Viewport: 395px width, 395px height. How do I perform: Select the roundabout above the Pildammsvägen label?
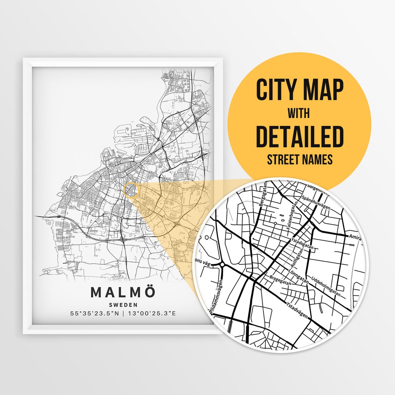(222, 265)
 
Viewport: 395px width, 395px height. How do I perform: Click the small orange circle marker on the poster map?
(131, 190)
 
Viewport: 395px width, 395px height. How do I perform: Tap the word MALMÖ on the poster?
(123, 292)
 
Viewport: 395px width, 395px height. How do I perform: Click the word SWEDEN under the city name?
(123, 304)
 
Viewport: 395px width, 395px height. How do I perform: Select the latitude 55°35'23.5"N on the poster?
(95, 313)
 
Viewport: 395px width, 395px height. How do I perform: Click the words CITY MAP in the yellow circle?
(300, 90)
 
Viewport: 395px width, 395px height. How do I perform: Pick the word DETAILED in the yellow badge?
(300, 136)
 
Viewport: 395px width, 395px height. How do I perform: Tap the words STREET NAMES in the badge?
(300, 159)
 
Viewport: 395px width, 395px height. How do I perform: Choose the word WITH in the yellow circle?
(298, 113)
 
